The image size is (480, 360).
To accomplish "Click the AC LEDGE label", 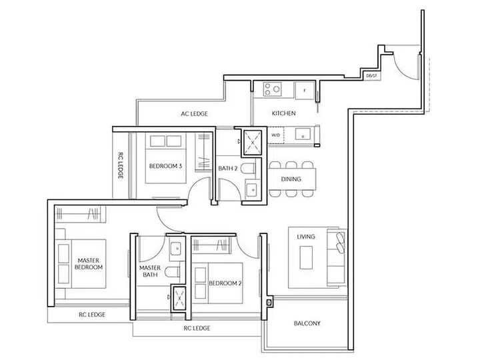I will (x=194, y=114).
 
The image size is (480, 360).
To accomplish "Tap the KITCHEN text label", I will (x=283, y=114).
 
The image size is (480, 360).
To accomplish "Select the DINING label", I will (x=291, y=179).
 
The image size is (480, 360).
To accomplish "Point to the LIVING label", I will (x=307, y=237).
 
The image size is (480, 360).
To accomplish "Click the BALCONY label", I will (x=307, y=323).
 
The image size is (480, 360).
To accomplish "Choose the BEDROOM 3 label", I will (x=165, y=166).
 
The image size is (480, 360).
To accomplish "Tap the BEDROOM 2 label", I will (x=225, y=283).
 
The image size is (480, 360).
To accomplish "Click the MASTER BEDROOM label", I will (x=89, y=263).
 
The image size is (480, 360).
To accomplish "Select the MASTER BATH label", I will (x=151, y=271).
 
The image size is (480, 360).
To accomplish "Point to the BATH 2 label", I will (x=228, y=168).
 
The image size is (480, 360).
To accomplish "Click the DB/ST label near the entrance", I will (x=371, y=76).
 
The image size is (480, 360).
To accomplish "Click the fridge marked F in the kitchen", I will (x=304, y=89).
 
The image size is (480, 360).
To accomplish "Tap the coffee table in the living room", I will (x=307, y=257).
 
